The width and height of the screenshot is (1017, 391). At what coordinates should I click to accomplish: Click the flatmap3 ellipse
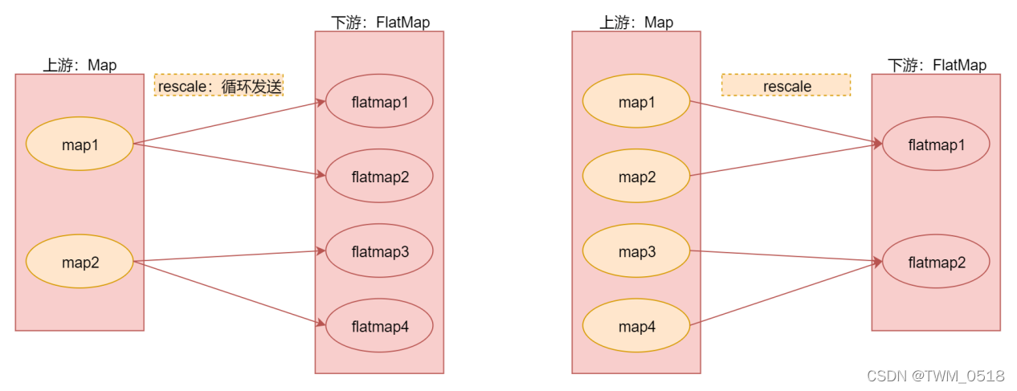[x=379, y=251]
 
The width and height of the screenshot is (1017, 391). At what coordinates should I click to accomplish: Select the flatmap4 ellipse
[x=379, y=326]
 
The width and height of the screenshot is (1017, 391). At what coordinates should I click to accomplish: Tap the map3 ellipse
[x=635, y=251]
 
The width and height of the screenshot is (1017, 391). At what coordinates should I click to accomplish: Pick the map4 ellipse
[x=635, y=326]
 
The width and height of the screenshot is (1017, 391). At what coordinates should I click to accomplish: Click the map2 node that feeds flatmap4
[x=80, y=262]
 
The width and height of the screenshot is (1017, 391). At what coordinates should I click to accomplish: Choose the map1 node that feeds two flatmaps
[x=80, y=145]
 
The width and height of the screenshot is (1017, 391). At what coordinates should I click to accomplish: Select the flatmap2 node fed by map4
[x=936, y=262]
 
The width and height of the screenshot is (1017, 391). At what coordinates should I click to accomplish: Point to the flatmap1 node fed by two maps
[x=936, y=145]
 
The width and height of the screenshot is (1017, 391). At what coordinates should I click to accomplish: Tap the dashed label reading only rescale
[x=786, y=85]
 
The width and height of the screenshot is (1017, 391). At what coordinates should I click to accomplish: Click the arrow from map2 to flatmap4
[x=229, y=292]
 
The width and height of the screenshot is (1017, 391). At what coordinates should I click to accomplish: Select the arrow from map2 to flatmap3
[x=229, y=256]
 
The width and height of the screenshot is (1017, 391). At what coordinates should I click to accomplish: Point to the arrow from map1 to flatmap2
[x=229, y=160]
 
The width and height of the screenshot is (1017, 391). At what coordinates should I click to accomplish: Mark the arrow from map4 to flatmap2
[x=786, y=293]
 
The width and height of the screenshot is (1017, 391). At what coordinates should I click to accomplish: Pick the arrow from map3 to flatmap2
[x=786, y=256]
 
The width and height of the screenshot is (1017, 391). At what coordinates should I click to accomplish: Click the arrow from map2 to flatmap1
[x=786, y=160]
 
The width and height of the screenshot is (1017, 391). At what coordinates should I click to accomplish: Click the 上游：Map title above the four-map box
[x=636, y=22]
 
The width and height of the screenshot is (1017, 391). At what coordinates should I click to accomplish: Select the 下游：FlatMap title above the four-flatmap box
[x=380, y=22]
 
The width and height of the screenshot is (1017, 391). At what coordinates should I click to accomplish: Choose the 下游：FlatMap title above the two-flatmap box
[x=937, y=65]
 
